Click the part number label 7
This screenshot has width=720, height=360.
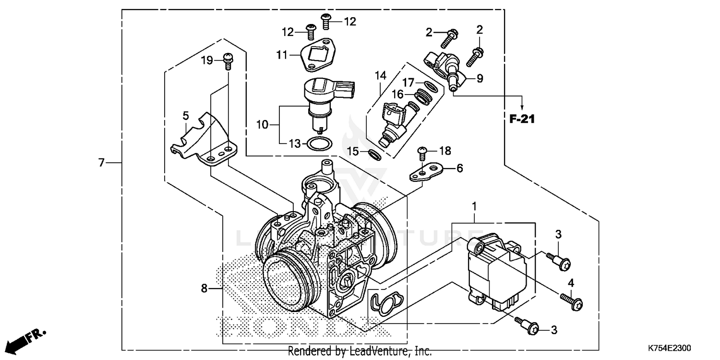101,163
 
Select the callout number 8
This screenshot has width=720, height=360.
204,288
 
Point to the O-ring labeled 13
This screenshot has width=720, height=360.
318,144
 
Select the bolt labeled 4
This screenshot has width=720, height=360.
572,301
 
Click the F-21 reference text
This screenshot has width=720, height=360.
522,119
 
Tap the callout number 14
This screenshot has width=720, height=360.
380,75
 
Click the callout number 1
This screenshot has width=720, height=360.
474,206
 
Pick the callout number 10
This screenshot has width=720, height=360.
262,125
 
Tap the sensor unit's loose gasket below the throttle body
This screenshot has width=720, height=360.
387,302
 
